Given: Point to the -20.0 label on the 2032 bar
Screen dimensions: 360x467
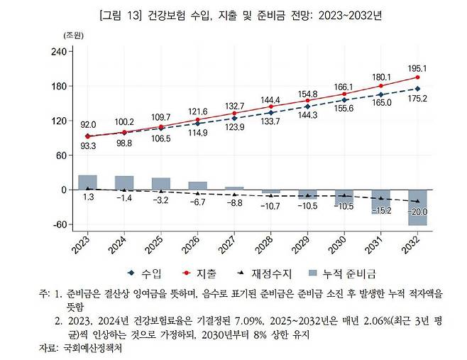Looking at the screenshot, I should click(x=417, y=212).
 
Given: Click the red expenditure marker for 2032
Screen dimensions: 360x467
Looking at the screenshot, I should click(x=417, y=77).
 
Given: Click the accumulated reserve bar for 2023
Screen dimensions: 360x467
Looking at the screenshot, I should click(x=87, y=182).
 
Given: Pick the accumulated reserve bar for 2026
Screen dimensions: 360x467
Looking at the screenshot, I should click(x=197, y=186).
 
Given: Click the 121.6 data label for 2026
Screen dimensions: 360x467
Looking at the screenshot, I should click(x=197, y=111).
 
